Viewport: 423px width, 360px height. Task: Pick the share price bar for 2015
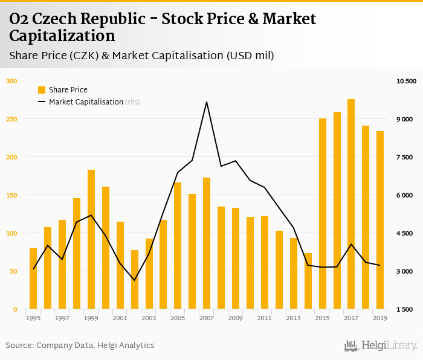(x=323, y=214)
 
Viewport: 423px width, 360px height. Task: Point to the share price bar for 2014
(x=308, y=281)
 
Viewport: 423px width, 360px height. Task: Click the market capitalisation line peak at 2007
(x=207, y=101)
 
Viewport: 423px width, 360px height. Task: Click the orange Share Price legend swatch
(x=42, y=90)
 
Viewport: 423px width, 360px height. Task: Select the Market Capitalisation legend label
(x=86, y=102)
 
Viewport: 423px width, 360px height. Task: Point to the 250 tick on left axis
(x=12, y=119)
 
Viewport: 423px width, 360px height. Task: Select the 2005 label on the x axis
(x=178, y=318)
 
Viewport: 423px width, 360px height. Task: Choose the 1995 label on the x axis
(x=33, y=318)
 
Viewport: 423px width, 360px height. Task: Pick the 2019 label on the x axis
(x=380, y=318)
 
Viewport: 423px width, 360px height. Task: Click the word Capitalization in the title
(x=62, y=36)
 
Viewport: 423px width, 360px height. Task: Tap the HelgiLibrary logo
(x=380, y=346)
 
